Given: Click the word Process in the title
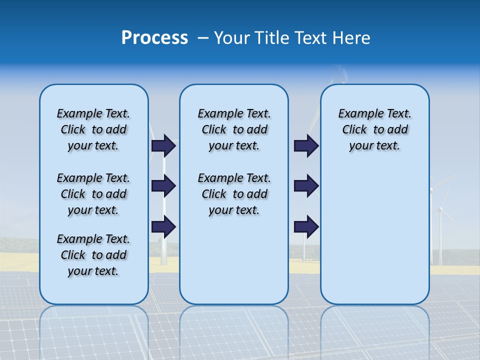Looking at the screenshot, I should click(154, 38).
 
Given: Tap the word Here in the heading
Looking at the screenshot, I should click(350, 38).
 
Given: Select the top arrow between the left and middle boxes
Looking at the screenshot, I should click(163, 145).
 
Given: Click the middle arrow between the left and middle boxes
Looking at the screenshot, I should click(163, 186).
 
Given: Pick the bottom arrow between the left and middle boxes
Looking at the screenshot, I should click(163, 226).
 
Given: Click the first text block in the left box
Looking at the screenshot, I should click(93, 129).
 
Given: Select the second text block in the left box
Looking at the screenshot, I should click(93, 194).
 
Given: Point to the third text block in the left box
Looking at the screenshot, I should click(93, 255).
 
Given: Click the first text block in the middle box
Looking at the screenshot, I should click(234, 129).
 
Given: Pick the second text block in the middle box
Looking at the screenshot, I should click(234, 194).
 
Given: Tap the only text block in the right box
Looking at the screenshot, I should click(374, 129).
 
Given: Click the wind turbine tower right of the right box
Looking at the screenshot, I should click(440, 235).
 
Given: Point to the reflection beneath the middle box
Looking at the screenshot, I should click(234, 330).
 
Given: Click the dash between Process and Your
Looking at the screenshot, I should click(203, 38).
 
